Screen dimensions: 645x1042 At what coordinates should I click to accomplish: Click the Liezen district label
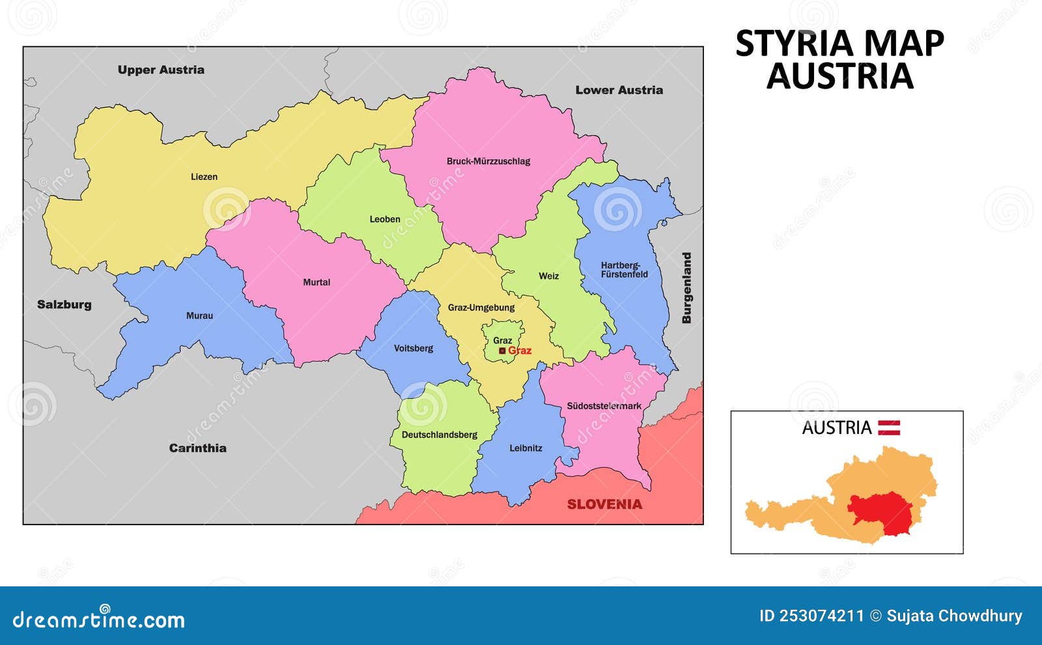[204, 177]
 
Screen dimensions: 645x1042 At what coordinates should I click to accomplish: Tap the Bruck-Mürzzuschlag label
[488, 161]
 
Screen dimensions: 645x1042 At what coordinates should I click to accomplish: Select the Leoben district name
[385, 219]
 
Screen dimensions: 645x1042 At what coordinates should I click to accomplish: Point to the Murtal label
[317, 282]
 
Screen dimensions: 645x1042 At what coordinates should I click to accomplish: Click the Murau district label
[199, 315]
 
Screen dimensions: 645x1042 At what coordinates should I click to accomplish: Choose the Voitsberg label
[413, 348]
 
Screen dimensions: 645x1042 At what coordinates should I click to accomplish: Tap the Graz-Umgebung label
[481, 308]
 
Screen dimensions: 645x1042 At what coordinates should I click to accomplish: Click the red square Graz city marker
[502, 351]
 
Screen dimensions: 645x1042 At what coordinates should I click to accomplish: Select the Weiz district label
[548, 276]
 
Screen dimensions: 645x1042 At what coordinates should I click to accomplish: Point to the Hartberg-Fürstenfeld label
[624, 270]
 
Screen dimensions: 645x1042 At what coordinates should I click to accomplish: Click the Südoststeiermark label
[604, 406]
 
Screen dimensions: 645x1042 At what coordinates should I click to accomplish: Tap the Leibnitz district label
[526, 448]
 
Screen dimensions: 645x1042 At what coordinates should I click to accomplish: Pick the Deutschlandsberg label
[439, 435]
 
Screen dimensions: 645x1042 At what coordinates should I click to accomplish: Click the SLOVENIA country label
[604, 504]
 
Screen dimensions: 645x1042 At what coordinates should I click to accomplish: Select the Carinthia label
[197, 448]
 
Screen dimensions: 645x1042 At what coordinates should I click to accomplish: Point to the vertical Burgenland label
[686, 288]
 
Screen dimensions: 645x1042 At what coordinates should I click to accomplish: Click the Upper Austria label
[161, 70]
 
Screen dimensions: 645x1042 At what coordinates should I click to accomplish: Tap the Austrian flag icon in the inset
[889, 427]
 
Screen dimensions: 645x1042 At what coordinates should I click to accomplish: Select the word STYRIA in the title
[794, 44]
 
